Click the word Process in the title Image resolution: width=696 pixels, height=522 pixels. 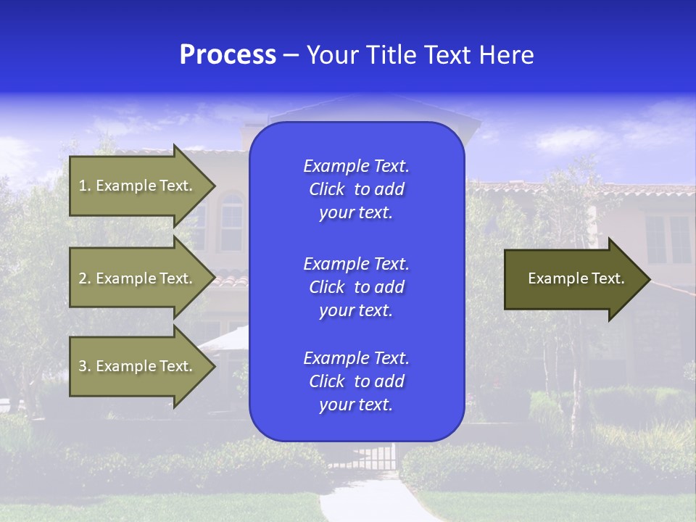(228, 55)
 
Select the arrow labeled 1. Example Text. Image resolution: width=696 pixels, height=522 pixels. (138, 186)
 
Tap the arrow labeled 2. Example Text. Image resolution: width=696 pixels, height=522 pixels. (138, 278)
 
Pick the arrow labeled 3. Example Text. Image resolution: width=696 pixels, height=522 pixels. (138, 366)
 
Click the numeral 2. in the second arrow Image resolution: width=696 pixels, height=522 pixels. (85, 278)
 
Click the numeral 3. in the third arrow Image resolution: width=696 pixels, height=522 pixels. (85, 366)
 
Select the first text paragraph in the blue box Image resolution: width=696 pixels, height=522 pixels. (356, 189)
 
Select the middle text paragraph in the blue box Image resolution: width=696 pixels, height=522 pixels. (356, 287)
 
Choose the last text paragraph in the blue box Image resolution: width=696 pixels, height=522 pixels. (356, 381)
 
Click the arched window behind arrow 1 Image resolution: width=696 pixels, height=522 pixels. (231, 221)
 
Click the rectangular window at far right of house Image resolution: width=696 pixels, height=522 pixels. (668, 240)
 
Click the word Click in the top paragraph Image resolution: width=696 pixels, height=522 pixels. (326, 189)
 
